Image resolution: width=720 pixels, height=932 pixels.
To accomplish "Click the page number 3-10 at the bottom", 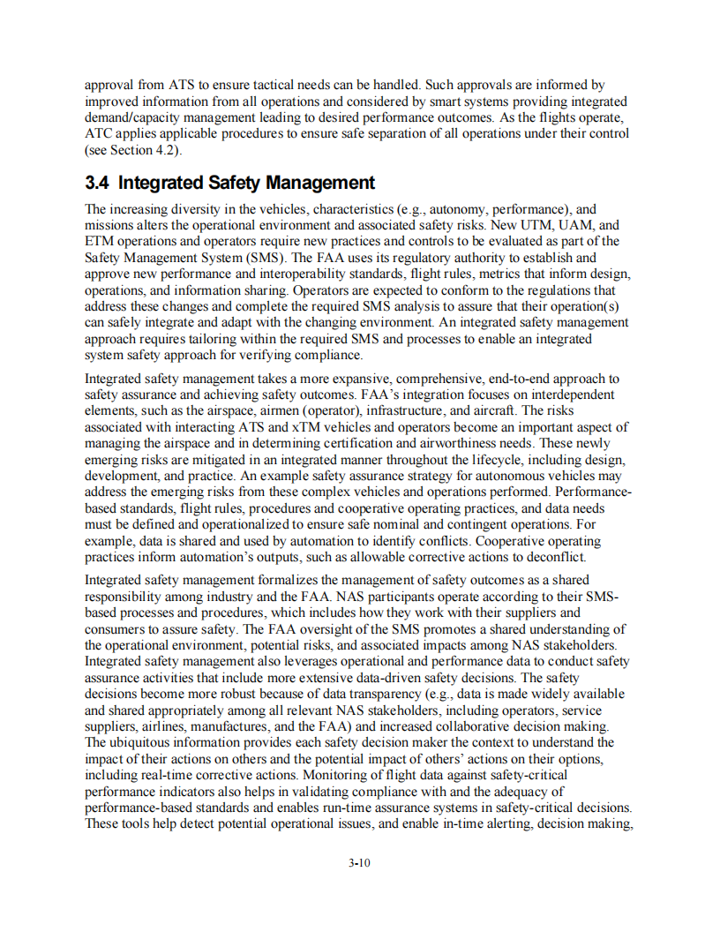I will [x=359, y=863].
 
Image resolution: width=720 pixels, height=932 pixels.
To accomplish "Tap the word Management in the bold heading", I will [x=321, y=183].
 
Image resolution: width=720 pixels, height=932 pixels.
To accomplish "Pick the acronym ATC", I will [x=100, y=133].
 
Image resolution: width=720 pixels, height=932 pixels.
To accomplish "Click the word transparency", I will [x=394, y=694].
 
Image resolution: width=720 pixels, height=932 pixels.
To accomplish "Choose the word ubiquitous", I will [x=146, y=741].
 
